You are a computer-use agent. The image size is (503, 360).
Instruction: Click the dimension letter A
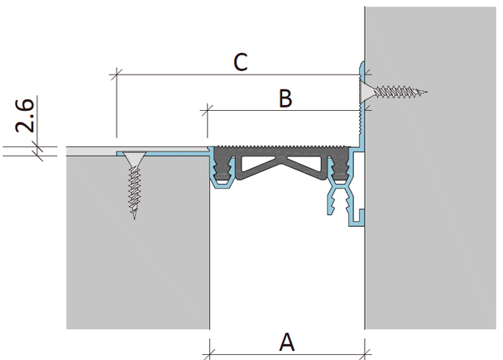(x=287, y=342)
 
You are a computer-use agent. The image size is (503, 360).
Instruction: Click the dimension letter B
(x=285, y=98)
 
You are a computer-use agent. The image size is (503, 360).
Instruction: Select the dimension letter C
(x=241, y=62)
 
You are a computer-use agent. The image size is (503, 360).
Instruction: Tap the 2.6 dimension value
(x=24, y=116)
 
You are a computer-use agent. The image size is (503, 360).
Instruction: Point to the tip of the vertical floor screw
(x=134, y=218)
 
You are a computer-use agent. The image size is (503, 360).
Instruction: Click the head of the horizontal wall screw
(x=366, y=92)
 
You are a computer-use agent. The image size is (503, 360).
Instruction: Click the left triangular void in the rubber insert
(x=257, y=163)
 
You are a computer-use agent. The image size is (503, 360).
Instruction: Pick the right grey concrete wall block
(x=431, y=168)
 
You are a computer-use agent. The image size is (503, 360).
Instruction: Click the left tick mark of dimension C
(x=116, y=74)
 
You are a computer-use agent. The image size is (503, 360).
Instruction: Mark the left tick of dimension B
(x=208, y=110)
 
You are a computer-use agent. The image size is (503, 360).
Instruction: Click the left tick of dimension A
(x=209, y=354)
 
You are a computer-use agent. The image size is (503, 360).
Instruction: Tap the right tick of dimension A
(x=365, y=354)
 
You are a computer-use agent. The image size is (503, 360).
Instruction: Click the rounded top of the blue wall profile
(x=362, y=65)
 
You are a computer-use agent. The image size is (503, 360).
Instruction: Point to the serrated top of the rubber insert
(x=282, y=147)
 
